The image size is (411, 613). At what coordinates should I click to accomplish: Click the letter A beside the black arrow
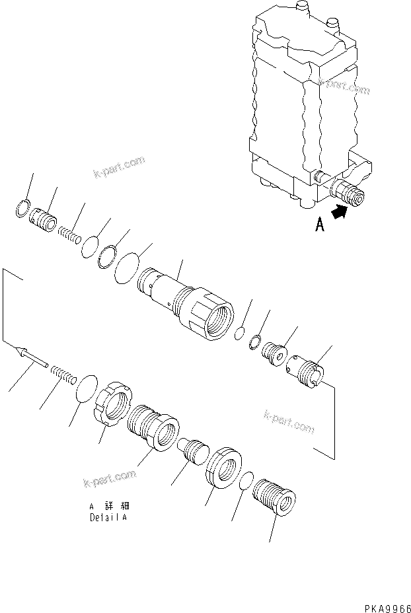pos(320,225)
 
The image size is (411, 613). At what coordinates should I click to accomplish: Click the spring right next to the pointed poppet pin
pos(64,375)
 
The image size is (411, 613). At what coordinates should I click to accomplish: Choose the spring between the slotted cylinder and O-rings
pos(69,233)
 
